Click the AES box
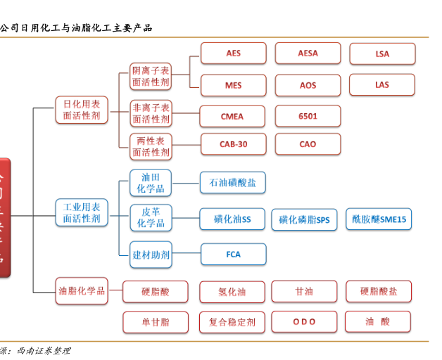pyautogui.click(x=234, y=53)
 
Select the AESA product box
pyautogui.click(x=308, y=53)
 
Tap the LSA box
pyautogui.click(x=382, y=53)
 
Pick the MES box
pyautogui.click(x=234, y=85)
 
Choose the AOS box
pyautogui.click(x=308, y=85)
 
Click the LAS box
pyautogui.click(x=382, y=84)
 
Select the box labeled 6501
pyautogui.click(x=308, y=116)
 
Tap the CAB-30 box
pyautogui.click(x=233, y=144)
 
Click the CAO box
pyautogui.click(x=308, y=144)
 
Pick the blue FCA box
pyautogui.click(x=234, y=254)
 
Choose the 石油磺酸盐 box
pyautogui.click(x=233, y=183)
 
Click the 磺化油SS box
pyautogui.click(x=232, y=219)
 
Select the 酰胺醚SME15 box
pyautogui.click(x=379, y=219)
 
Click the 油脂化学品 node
pyautogui.click(x=82, y=290)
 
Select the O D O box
pyautogui.click(x=304, y=322)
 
